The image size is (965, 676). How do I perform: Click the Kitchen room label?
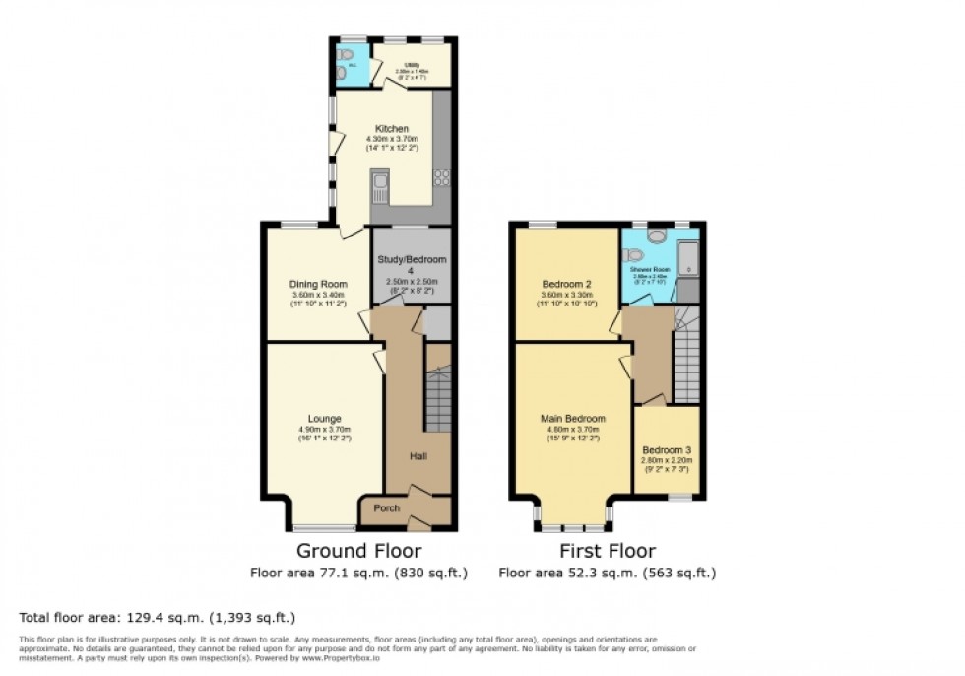(391, 129)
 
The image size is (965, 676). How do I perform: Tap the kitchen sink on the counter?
(380, 184)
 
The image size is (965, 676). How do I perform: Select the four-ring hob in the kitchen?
(441, 179)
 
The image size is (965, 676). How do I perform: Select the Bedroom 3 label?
(667, 449)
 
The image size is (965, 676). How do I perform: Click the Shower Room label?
(658, 268)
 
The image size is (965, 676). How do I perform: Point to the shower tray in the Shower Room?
(688, 260)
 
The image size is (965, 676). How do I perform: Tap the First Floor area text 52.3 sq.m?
(608, 572)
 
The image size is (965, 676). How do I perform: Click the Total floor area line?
(158, 618)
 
